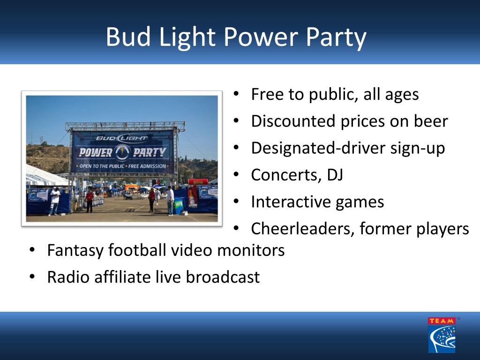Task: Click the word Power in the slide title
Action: tap(261, 37)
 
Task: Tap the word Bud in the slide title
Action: tap(128, 37)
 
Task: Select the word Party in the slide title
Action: tap(336, 38)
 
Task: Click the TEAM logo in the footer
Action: tap(442, 335)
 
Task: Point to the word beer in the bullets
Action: tap(431, 121)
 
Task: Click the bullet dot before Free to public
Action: tap(236, 93)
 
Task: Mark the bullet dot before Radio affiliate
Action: tap(32, 277)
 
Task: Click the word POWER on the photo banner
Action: tap(96, 152)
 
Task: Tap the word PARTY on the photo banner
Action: tap(150, 152)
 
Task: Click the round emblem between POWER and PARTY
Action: tap(122, 152)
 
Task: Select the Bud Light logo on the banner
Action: tap(122, 138)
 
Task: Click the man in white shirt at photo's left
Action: tap(54, 201)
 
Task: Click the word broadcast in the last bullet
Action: tap(223, 277)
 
